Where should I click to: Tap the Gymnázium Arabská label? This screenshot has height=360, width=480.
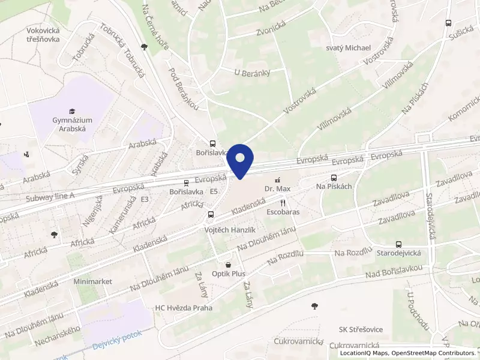click(69, 124)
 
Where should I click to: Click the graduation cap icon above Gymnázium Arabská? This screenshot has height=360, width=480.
click(72, 111)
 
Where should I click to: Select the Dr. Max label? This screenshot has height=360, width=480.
click(277, 189)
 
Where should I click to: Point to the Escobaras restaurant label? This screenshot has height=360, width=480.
click(283, 212)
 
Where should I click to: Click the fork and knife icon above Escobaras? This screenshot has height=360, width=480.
click(283, 203)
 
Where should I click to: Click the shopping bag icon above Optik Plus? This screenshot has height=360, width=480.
click(228, 264)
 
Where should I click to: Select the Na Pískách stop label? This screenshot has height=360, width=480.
click(334, 187)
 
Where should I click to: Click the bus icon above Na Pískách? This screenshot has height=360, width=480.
click(334, 178)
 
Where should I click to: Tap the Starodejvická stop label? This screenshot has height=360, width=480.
click(398, 254)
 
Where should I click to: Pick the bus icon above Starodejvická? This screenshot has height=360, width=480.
click(398, 244)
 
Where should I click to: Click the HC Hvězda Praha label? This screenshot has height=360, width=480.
click(184, 308)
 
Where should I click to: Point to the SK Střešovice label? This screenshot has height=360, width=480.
click(361, 329)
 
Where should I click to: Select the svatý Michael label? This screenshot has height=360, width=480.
click(348, 48)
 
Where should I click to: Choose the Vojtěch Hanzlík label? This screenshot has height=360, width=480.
click(231, 230)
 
